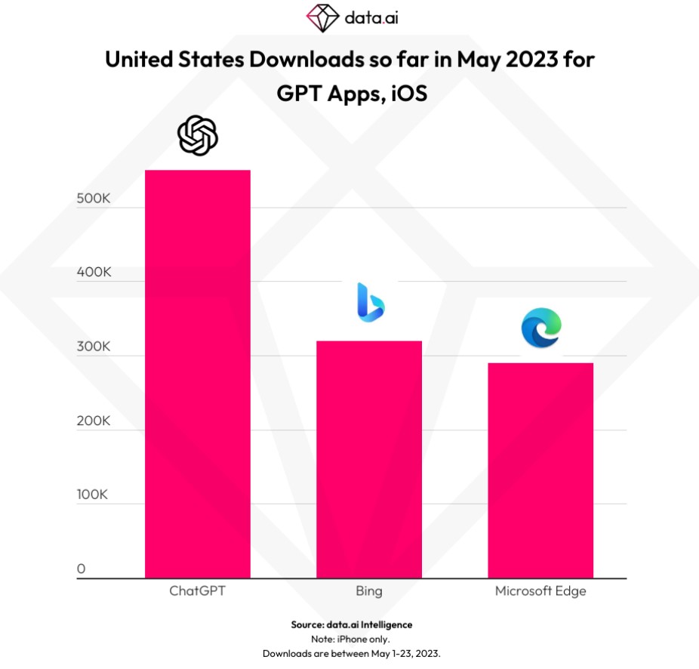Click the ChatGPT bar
198,374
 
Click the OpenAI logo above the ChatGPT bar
198,136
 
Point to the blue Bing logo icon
370,302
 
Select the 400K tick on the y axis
94,273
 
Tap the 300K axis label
94,347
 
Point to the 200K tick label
94,421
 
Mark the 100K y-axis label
94,495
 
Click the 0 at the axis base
81,569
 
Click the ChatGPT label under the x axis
198,591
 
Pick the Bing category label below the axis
369,591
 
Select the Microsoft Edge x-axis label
540,591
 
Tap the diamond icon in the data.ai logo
323,16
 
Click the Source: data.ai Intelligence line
352,625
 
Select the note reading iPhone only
352,639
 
